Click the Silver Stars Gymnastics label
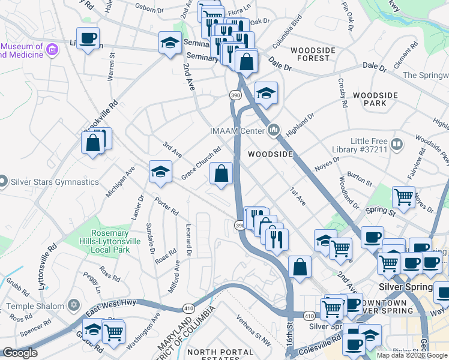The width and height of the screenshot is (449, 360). [53, 182]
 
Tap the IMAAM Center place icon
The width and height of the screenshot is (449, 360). [274, 130]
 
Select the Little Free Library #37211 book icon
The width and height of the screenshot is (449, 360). [396, 144]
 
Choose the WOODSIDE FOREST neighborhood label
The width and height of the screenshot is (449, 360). [310, 54]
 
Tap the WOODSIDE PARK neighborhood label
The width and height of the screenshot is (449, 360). [375, 100]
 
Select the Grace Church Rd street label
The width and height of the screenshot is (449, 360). [201, 163]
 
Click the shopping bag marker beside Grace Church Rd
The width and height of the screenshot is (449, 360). [221, 174]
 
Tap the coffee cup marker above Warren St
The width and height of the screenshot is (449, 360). [88, 39]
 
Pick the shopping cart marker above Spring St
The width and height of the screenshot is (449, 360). [403, 197]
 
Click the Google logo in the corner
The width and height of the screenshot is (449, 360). [20, 353]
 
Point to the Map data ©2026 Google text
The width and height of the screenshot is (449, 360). [412, 355]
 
